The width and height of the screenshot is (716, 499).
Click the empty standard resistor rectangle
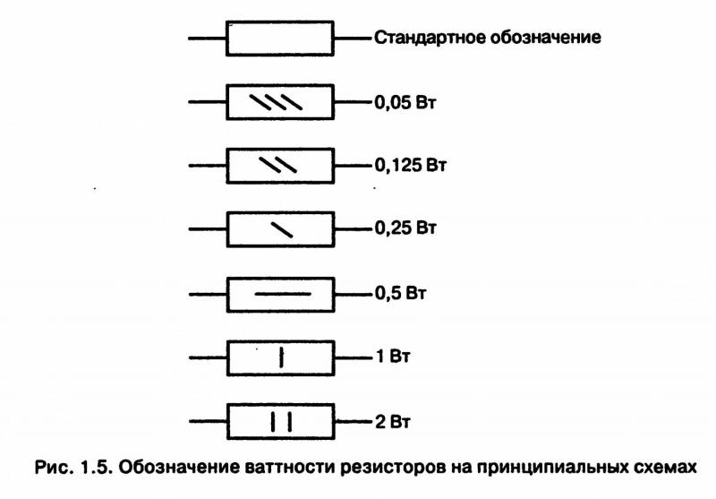[x=281, y=39]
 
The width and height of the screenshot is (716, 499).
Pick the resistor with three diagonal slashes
[x=281, y=103]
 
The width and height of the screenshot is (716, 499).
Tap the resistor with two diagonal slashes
[x=281, y=166]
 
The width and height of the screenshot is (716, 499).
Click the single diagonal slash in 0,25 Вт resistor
[x=281, y=229]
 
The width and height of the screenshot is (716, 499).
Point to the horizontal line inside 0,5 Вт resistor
[x=281, y=293]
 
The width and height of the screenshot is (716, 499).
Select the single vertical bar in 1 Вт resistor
[x=281, y=357]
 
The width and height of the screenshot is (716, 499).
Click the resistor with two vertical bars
[x=281, y=420]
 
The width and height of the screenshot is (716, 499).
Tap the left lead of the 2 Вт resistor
[x=208, y=420]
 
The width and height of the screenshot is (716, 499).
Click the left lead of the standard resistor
[x=208, y=39]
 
